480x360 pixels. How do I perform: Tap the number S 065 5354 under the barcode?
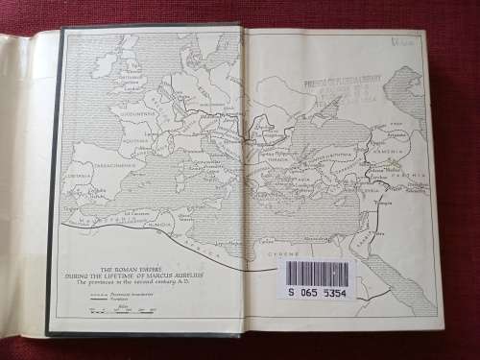point(317,292)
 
